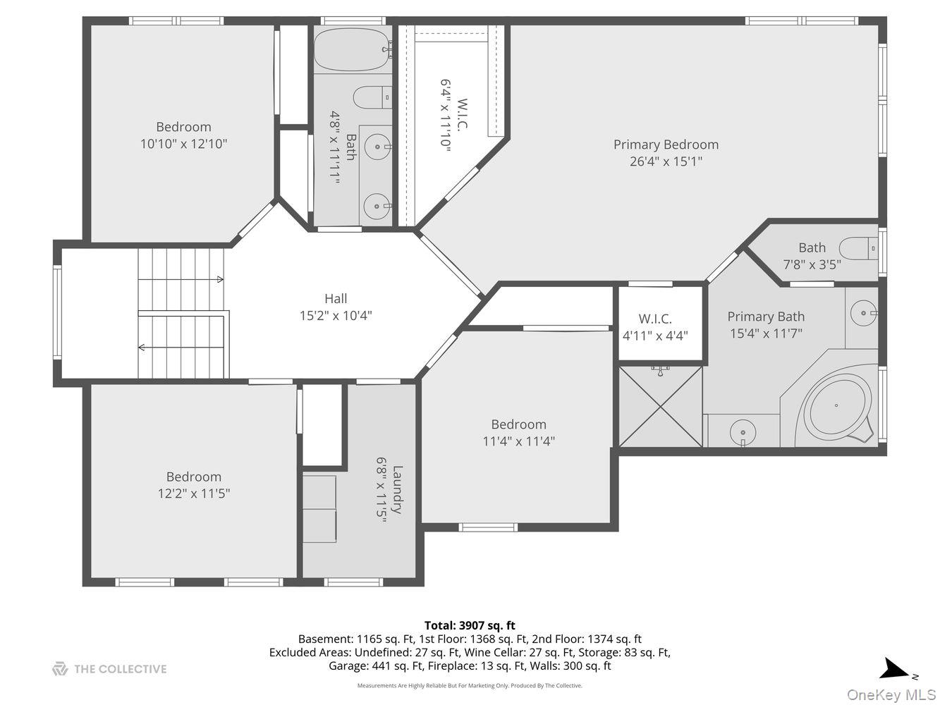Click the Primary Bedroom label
[666, 145]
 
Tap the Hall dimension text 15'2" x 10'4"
[336, 316]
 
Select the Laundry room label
[398, 489]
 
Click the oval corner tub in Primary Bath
[836, 406]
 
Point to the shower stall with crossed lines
[661, 405]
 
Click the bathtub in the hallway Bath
[352, 49]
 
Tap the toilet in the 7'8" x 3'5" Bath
[860, 248]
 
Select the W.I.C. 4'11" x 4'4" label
[655, 327]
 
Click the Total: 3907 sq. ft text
[470, 625]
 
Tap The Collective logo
[109, 669]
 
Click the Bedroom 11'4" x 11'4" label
[518, 433]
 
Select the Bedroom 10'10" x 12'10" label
[183, 135]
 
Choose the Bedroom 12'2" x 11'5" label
[193, 485]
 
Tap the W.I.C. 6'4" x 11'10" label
[454, 118]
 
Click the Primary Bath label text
[766, 317]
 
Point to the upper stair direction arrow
[219, 280]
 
